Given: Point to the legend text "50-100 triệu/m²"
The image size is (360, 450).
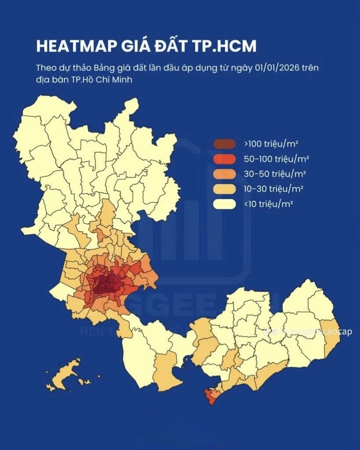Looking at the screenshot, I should click(x=275, y=158).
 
